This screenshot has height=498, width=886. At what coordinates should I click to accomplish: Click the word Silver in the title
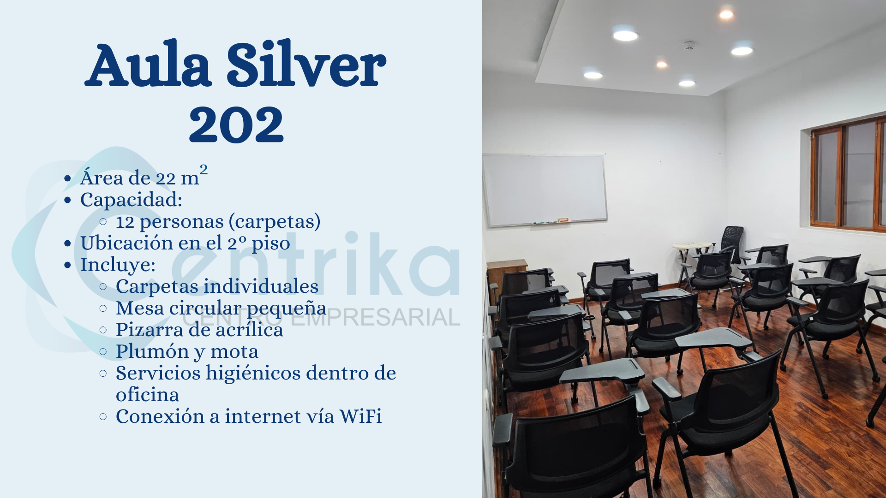(x=306, y=65)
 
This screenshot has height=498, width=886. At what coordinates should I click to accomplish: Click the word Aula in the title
(x=148, y=65)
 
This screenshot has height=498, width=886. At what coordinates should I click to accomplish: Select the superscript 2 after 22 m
(x=204, y=169)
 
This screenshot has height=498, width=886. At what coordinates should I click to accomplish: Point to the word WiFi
(x=360, y=416)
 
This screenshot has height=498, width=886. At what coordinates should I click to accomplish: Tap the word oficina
(x=147, y=395)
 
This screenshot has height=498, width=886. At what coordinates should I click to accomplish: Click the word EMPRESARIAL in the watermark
(x=376, y=318)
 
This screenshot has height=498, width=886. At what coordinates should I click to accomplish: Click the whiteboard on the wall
(x=545, y=190)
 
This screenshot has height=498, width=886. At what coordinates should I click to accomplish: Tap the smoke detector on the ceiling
(x=689, y=46)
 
